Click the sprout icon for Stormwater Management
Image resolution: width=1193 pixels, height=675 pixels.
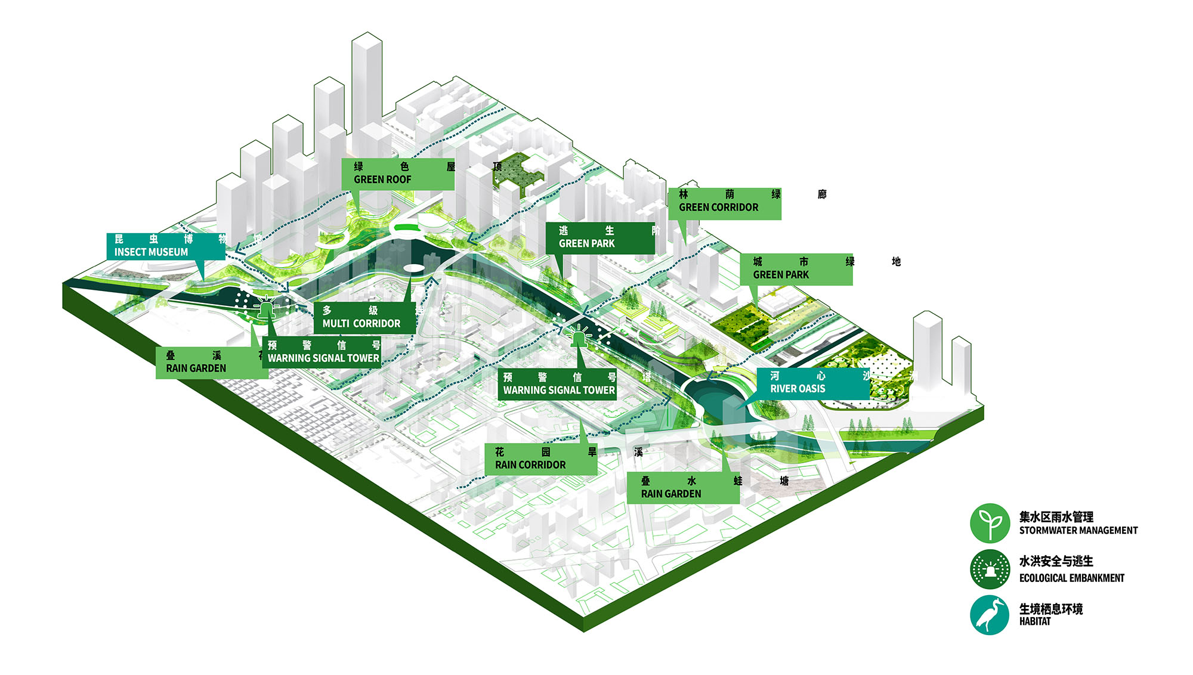(990, 523)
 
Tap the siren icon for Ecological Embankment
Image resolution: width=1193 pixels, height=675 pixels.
(990, 569)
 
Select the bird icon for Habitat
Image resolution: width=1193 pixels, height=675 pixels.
(990, 615)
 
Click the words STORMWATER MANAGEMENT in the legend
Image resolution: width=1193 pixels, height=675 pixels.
(1078, 531)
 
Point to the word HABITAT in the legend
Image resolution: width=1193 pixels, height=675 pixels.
(1035, 621)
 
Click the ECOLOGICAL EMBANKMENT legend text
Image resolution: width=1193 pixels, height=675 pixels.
(1071, 578)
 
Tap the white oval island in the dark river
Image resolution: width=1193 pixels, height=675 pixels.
(413, 268)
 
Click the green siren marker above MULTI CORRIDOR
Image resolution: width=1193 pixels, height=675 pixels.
(265, 309)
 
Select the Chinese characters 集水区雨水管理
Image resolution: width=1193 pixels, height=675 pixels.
(1056, 516)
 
